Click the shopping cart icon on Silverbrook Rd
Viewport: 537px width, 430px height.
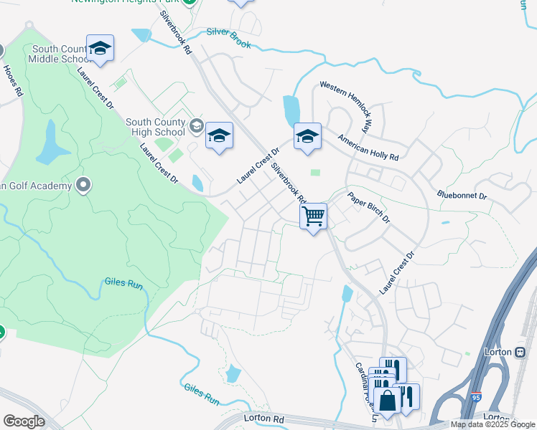point(314,216)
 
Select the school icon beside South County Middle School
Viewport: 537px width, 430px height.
point(100,48)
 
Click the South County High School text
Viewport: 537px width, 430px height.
point(155,127)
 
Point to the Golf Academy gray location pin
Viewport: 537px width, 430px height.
point(83,186)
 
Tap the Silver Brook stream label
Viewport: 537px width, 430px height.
point(228,38)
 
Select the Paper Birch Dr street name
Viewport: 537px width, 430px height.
point(368,207)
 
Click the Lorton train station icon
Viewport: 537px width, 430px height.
point(520,352)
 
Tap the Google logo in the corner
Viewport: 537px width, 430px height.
point(24,421)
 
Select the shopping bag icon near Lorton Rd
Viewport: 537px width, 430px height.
point(388,401)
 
